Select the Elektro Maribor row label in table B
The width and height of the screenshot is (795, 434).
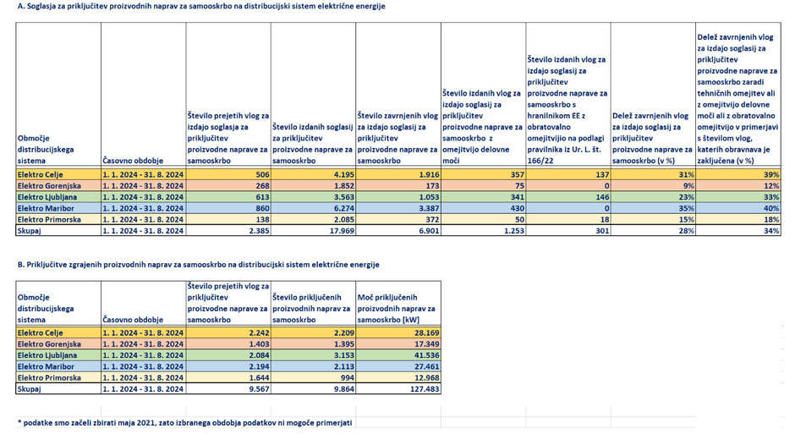tap(46, 366)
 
